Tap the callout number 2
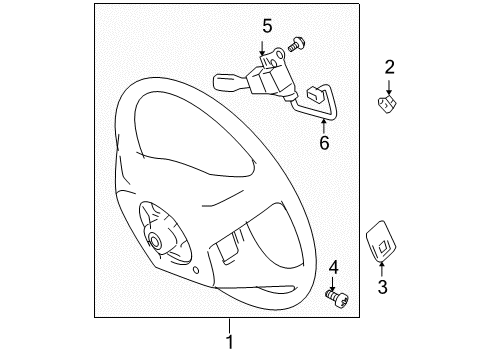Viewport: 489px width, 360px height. tap(390, 67)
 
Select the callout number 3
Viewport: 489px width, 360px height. tap(381, 289)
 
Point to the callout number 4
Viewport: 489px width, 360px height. tap(334, 266)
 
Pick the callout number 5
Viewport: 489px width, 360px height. tap(267, 25)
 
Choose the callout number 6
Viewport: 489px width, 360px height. tap(323, 143)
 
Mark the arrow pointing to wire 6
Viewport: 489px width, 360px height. tap(324, 125)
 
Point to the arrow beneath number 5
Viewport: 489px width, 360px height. tap(267, 44)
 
